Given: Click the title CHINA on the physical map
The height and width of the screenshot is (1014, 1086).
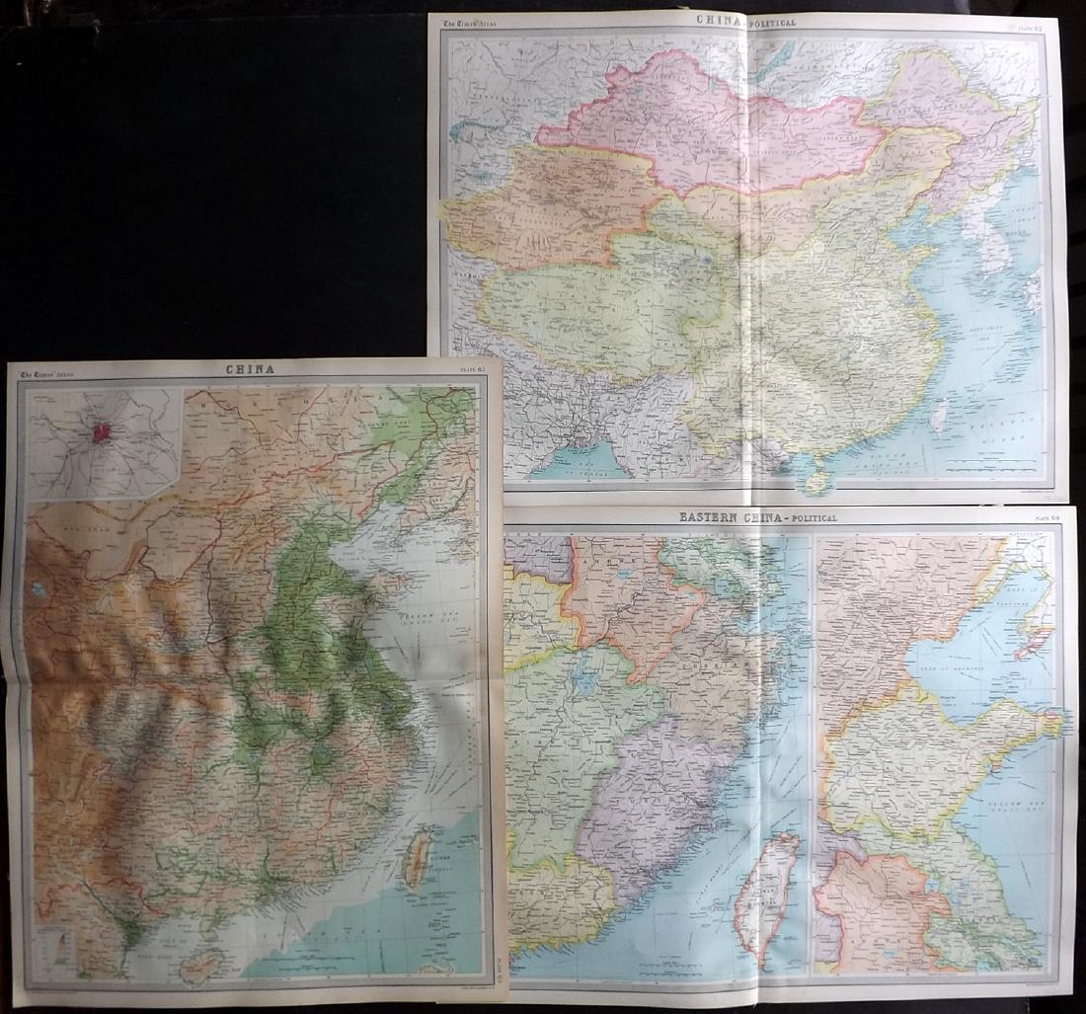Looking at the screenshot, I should pos(250,369).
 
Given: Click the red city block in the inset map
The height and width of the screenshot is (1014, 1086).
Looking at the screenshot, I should pos(101,432).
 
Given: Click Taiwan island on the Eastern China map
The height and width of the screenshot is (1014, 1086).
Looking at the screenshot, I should pos(770,894).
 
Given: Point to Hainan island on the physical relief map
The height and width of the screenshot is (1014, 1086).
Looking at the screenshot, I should pos(202,968).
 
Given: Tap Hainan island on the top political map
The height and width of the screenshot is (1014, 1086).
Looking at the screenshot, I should pos(815,481).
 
